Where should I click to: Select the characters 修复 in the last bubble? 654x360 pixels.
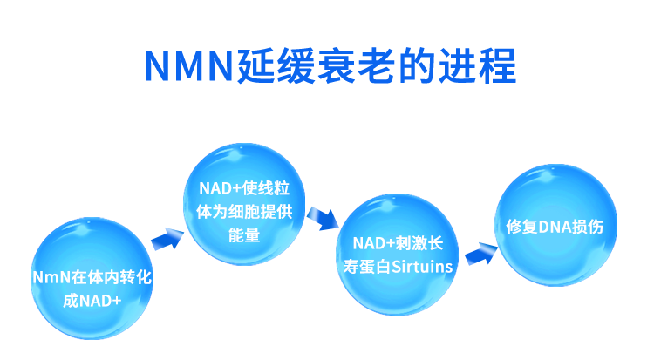(521, 227)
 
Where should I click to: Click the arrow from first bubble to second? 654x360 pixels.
(167, 237)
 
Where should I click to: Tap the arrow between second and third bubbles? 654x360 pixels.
(324, 217)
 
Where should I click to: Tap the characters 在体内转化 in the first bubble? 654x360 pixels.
(112, 278)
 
